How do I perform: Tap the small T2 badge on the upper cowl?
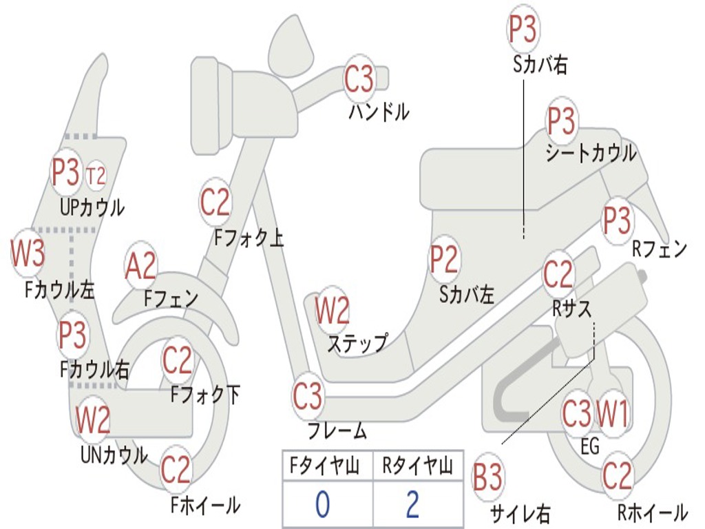(x=95, y=175)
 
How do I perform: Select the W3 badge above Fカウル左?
(x=28, y=253)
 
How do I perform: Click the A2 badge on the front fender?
(x=140, y=265)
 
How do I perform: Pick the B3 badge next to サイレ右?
(x=487, y=477)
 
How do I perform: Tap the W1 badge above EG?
(x=612, y=414)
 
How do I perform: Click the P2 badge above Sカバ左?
(x=444, y=258)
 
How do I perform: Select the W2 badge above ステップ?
(x=332, y=310)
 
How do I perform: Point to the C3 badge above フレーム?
(x=308, y=396)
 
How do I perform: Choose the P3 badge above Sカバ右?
(x=523, y=28)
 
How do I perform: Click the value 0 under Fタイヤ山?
(x=322, y=504)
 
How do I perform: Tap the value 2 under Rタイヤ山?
(x=413, y=504)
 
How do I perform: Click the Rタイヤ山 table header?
(x=418, y=466)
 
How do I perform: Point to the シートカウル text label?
(x=591, y=153)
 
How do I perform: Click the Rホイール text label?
(x=653, y=512)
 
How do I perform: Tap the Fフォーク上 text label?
(x=249, y=238)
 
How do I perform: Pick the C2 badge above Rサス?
(x=558, y=273)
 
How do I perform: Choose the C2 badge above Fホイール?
(x=176, y=469)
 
